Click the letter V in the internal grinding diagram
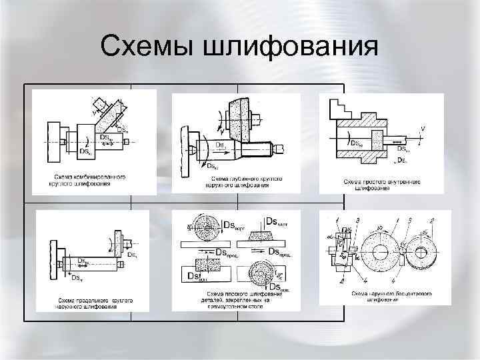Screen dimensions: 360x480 (x=422, y=128)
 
